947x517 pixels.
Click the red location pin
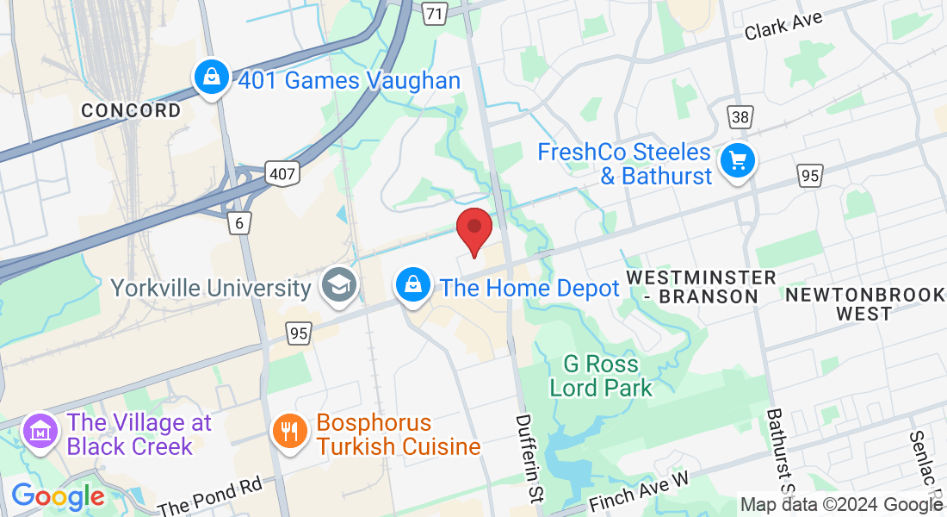[473, 229]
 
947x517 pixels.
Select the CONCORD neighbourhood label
[132, 110]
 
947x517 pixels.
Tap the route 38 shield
[740, 116]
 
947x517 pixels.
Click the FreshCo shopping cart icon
[737, 160]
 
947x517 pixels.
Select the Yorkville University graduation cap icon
[338, 286]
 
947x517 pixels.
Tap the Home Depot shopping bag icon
[413, 283]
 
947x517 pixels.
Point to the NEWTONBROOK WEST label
[864, 304]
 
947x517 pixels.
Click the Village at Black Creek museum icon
[41, 431]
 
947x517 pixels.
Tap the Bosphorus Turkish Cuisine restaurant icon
[289, 431]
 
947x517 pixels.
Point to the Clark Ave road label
[784, 25]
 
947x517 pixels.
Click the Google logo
[58, 496]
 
